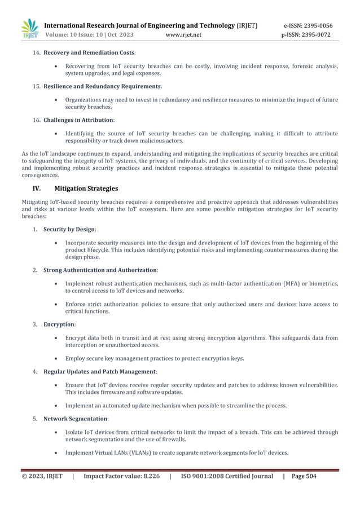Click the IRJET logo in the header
[29, 29]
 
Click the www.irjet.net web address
[184, 35]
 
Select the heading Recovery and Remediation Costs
[89, 52]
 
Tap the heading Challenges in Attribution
[78, 120]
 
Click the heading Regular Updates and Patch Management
[99, 372]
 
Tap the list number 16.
[37, 120]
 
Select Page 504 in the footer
[304, 476]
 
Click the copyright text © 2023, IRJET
[42, 476]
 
